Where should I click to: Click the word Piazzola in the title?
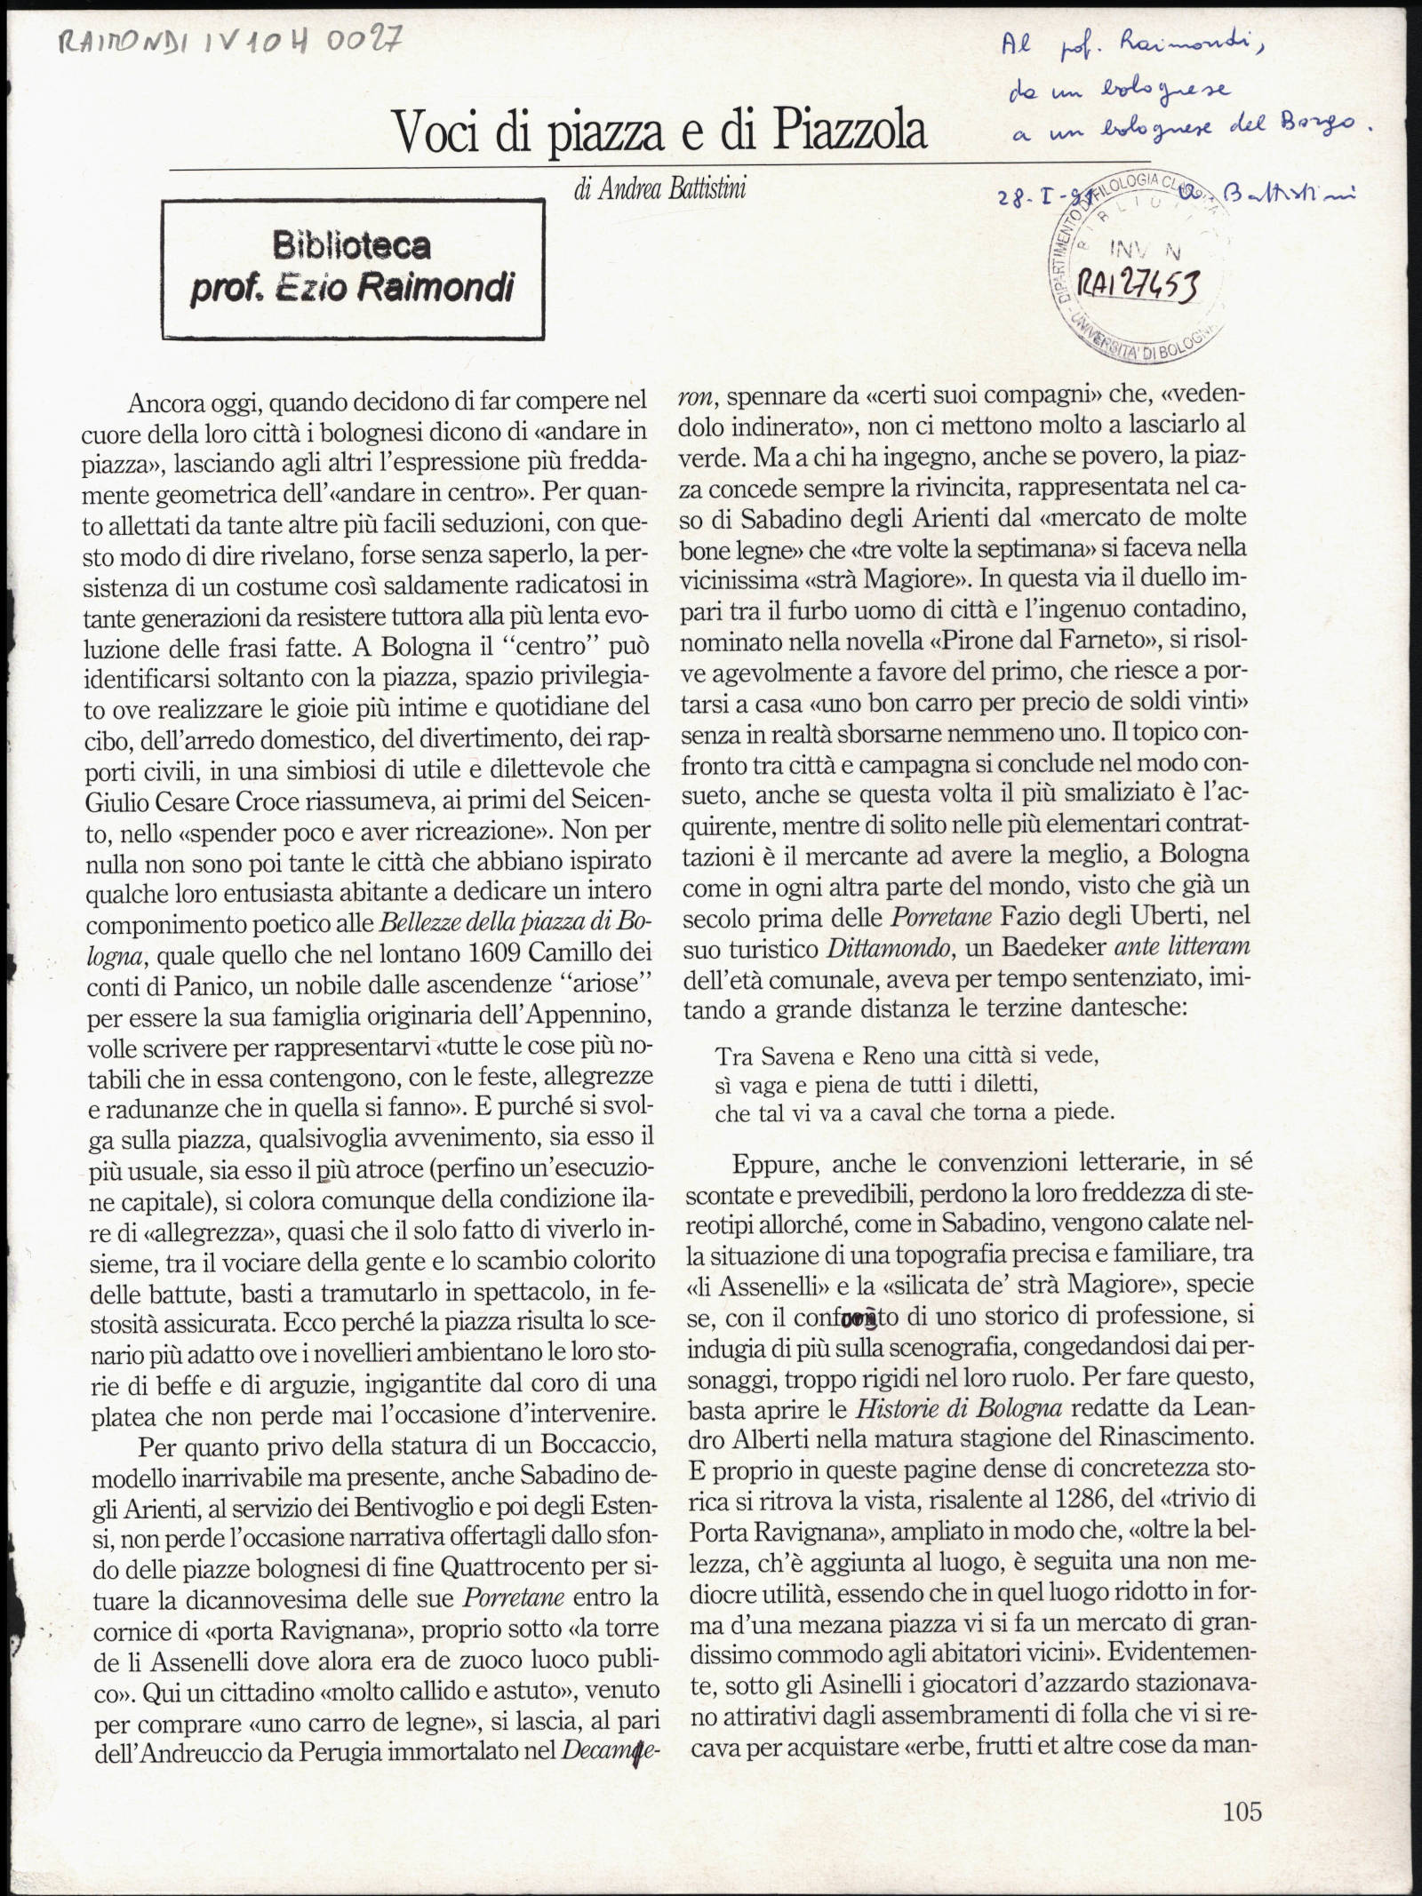pos(849,131)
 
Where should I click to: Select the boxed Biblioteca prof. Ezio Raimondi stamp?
pos(353,268)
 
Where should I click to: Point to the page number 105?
pos(1242,1786)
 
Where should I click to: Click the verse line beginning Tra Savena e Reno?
pos(907,1056)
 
